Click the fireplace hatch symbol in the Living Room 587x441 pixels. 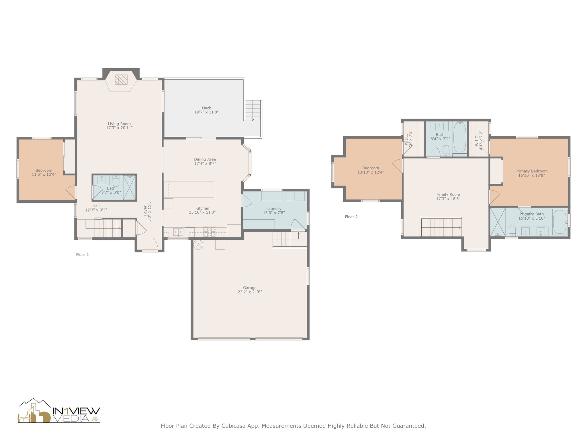click(121, 80)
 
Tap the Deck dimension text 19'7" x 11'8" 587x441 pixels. click(206, 112)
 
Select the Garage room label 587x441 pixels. click(250, 288)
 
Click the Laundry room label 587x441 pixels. click(274, 208)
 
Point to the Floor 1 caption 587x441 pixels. click(82, 254)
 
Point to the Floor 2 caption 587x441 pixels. click(351, 217)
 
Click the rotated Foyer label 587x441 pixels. click(145, 210)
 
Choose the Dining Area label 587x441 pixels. click(205, 159)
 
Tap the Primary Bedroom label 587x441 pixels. click(531, 171)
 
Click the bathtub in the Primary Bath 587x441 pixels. click(559, 222)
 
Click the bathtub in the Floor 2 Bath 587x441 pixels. click(460, 137)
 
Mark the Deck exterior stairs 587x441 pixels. click(253, 111)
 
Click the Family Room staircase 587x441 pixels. click(441, 227)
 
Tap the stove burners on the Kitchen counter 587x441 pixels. click(210, 231)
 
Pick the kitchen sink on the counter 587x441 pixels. click(178, 232)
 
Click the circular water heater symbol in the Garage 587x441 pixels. click(198, 245)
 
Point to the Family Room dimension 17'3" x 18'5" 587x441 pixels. click(448, 199)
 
